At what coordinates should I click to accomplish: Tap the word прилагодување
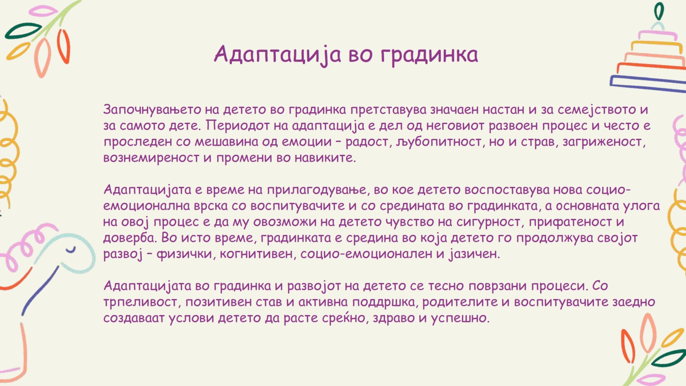click(x=316, y=190)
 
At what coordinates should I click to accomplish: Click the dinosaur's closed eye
click(x=71, y=250)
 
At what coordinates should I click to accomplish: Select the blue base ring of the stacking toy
click(x=648, y=84)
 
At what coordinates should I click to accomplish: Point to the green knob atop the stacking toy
click(x=659, y=11)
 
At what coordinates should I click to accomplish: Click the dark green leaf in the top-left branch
click(x=23, y=31)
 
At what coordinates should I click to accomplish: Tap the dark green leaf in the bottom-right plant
click(x=669, y=359)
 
